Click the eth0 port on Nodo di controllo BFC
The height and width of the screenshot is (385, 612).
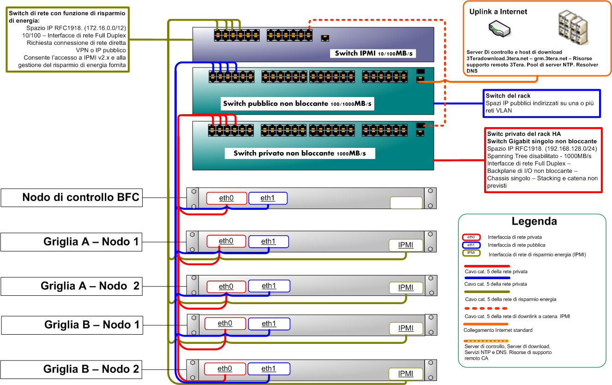226,198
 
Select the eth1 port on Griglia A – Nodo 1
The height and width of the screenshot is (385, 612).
268,241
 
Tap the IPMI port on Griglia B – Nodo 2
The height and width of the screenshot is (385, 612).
406,373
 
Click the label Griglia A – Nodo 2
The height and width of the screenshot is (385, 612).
90,286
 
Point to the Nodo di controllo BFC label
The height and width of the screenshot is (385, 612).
80,198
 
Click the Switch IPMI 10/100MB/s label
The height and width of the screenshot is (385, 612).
373,54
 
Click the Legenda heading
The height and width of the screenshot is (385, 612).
534,221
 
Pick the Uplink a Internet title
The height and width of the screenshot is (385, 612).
498,12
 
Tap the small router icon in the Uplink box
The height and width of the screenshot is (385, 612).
498,31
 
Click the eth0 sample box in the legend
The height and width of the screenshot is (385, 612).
471,237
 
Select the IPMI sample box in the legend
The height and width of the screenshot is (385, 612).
471,253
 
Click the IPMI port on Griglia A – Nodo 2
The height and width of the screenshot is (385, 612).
406,287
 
